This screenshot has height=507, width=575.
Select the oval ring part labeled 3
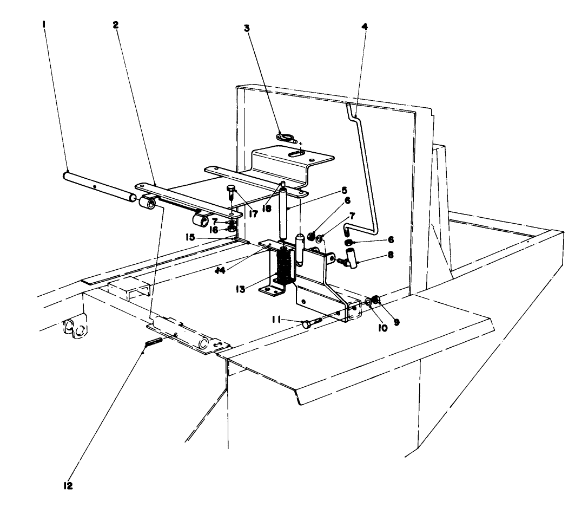click(284, 136)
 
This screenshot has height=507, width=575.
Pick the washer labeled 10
click(368, 302)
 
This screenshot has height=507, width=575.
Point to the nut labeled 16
click(232, 229)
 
